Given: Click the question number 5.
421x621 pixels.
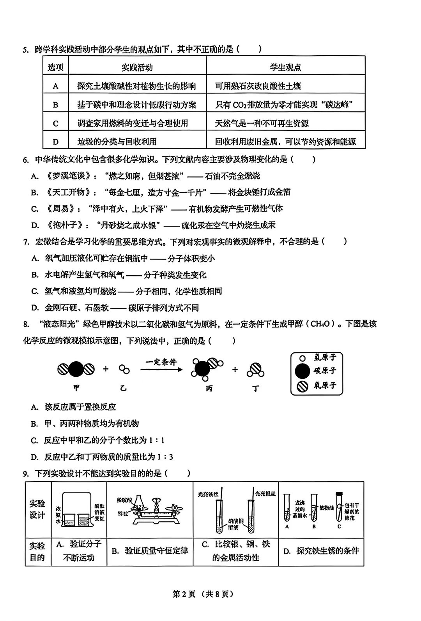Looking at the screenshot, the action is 25,49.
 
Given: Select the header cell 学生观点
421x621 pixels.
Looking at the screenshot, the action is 285,67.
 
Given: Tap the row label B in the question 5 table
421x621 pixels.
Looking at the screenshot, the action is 55,105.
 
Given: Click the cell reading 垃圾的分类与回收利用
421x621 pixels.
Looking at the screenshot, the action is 117,142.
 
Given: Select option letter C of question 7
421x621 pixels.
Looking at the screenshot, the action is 35,291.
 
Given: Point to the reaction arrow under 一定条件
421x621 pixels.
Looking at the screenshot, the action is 161,369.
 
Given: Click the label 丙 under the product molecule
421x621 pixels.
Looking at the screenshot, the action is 209,389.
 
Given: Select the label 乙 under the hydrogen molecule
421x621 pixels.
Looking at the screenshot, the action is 124,388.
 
